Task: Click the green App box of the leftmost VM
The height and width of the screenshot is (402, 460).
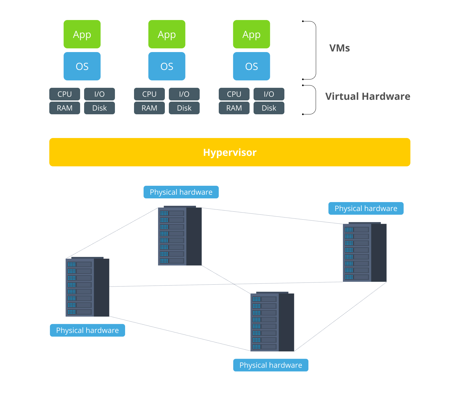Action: point(82,34)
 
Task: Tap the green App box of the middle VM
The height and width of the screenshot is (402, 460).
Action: point(167,34)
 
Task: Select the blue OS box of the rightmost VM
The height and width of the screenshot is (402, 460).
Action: point(251,66)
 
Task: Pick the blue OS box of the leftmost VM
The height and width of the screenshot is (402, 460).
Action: point(82,66)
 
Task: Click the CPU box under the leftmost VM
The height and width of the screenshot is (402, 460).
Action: point(65,94)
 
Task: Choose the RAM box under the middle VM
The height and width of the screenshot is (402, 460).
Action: point(149,108)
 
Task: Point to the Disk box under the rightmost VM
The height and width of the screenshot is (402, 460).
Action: point(269,108)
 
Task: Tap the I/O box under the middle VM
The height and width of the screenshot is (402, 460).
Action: point(184,94)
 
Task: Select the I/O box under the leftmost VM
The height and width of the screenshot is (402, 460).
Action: point(100,94)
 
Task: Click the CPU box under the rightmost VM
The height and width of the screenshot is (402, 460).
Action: point(234,94)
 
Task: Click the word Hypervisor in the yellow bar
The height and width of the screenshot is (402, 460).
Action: point(230,152)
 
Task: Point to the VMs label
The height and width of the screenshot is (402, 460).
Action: point(340,48)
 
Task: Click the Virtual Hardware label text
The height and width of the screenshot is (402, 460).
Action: point(368,96)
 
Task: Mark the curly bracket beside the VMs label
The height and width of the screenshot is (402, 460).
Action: point(314,50)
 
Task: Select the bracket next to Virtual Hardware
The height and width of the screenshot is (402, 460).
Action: point(314,99)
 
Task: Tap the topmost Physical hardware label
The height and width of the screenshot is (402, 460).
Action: point(181,192)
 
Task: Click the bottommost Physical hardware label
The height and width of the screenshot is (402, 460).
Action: point(271,365)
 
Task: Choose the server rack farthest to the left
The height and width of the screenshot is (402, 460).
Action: point(88,287)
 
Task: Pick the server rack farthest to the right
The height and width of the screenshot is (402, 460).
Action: point(365,252)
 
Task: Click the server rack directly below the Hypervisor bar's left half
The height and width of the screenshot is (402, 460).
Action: point(180,236)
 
